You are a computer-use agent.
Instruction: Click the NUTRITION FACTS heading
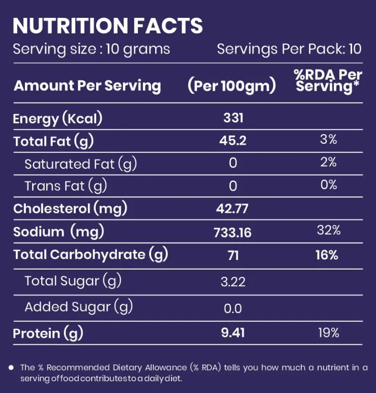pyautogui.click(x=108, y=25)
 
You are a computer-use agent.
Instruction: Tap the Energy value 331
pyautogui.click(x=233, y=118)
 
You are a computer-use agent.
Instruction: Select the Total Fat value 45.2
pyautogui.click(x=233, y=140)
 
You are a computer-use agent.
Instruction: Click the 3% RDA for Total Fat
pyautogui.click(x=329, y=139)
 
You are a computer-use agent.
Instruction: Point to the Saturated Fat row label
pyautogui.click(x=81, y=164)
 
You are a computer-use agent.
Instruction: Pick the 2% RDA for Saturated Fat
pyautogui.click(x=329, y=162)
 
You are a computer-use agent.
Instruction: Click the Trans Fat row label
pyautogui.click(x=66, y=186)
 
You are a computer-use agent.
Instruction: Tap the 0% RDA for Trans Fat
pyautogui.click(x=329, y=185)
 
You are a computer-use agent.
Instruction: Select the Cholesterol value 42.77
pyautogui.click(x=233, y=208)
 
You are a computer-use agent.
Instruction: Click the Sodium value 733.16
pyautogui.click(x=233, y=232)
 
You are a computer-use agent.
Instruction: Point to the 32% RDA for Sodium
pyautogui.click(x=329, y=230)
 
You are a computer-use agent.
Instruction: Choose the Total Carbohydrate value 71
pyautogui.click(x=233, y=256)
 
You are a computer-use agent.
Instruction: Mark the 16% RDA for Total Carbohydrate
pyautogui.click(x=327, y=255)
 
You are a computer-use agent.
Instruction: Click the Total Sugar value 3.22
pyautogui.click(x=233, y=282)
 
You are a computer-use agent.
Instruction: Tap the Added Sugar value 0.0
pyautogui.click(x=233, y=308)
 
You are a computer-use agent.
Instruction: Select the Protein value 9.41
pyautogui.click(x=233, y=332)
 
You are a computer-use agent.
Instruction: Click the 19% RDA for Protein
pyautogui.click(x=329, y=332)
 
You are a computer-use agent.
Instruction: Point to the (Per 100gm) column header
pyautogui.click(x=232, y=86)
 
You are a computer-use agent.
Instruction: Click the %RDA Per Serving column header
pyautogui.click(x=328, y=81)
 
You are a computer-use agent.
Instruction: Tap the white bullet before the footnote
pyautogui.click(x=11, y=368)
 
